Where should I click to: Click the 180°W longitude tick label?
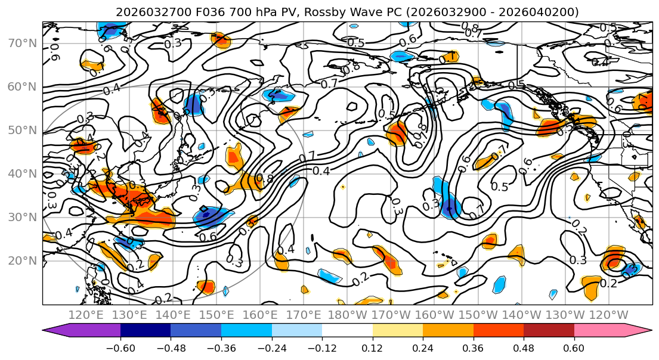pos(348,315)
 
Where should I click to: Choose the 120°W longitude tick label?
pos(609,315)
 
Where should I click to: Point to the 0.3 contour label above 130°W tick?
pos(577,260)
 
